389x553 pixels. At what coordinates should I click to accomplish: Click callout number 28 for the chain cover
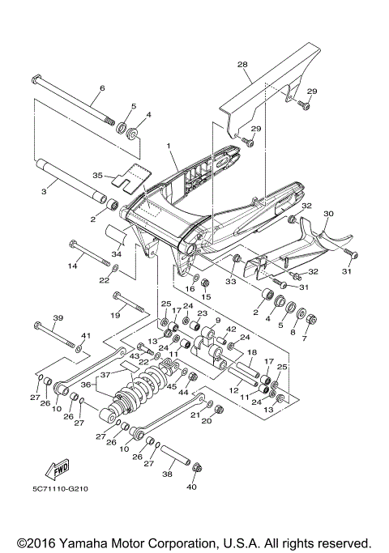tap(242, 64)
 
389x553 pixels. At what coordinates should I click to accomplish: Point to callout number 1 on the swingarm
tap(168, 147)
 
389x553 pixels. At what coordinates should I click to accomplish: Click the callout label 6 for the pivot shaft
tap(102, 88)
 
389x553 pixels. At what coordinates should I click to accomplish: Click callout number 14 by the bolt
tap(72, 266)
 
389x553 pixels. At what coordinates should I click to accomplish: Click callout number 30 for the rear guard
tap(328, 215)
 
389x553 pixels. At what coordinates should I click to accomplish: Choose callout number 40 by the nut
tap(191, 487)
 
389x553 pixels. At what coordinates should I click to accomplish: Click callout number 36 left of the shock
tap(87, 385)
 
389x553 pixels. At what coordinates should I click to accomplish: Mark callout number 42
tap(230, 330)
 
